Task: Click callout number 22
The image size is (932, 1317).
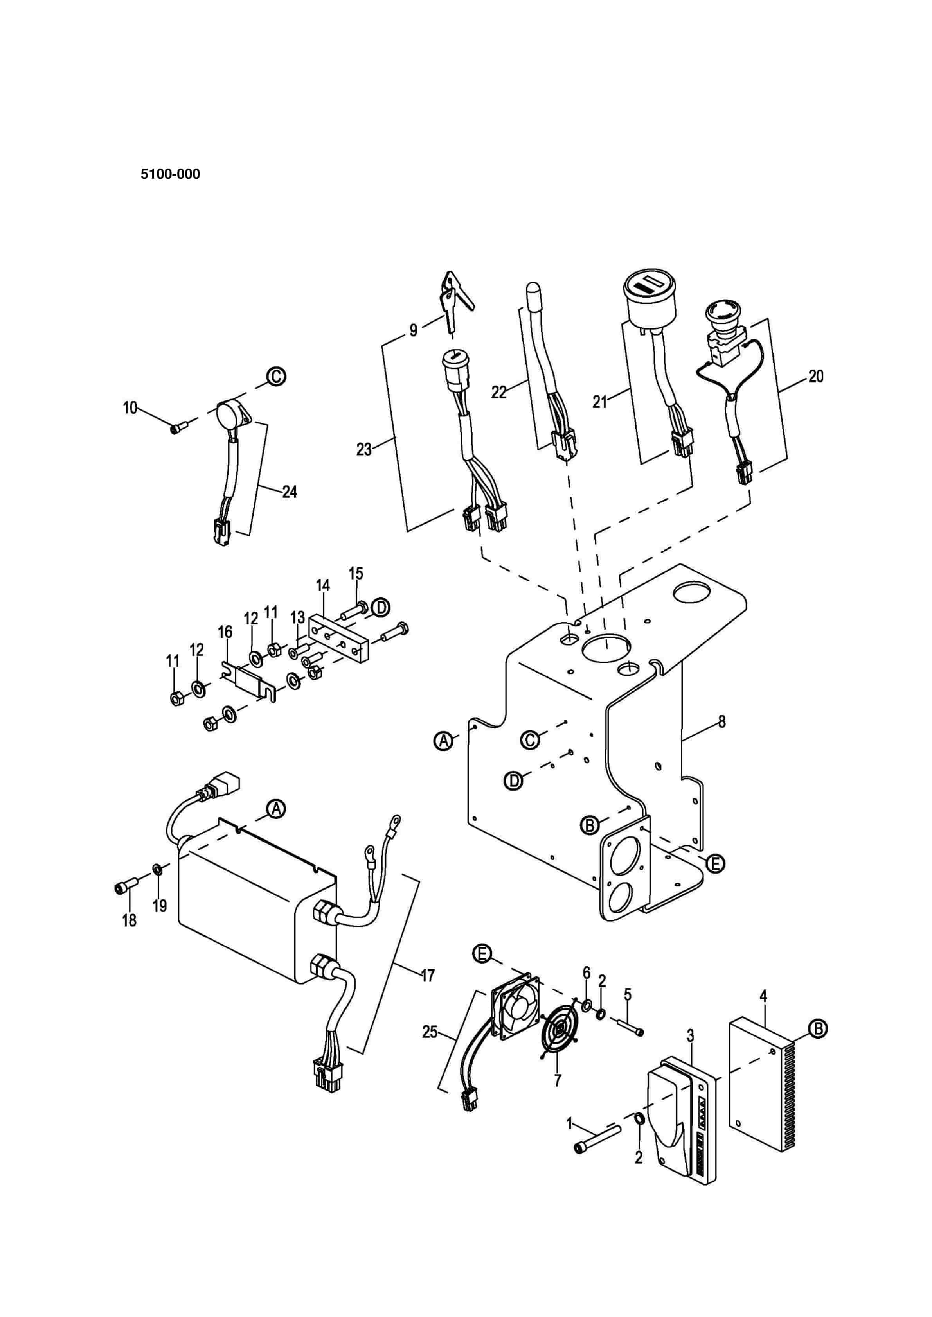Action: [499, 392]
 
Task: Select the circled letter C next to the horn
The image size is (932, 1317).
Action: [277, 376]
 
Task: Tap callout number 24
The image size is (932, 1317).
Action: [290, 492]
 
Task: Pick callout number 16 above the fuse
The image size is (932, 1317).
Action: [225, 632]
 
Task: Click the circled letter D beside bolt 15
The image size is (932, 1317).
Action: [380, 607]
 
